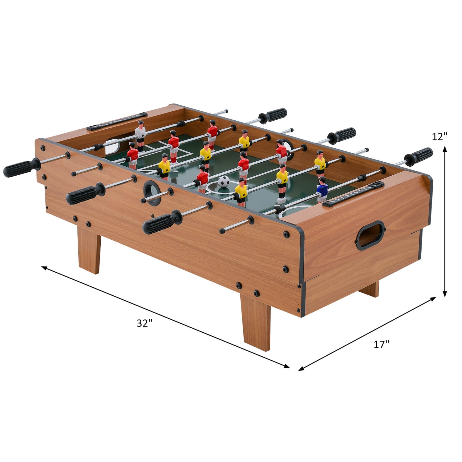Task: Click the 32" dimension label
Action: click(144, 323)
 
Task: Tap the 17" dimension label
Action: click(381, 344)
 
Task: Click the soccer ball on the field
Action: click(224, 181)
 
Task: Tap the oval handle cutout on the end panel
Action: click(371, 235)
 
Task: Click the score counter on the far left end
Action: click(117, 122)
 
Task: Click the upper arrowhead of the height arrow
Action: click(444, 149)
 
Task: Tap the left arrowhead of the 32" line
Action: click(44, 268)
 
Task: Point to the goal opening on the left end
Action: click(112, 147)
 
